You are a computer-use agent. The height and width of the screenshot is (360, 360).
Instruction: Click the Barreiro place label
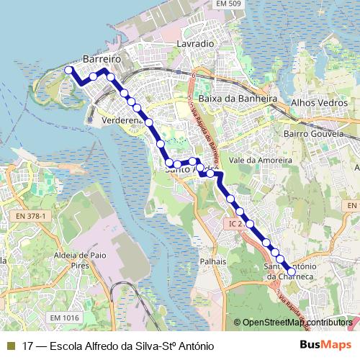[x=100, y=55]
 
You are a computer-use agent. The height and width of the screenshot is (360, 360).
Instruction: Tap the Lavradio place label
[x=195, y=44]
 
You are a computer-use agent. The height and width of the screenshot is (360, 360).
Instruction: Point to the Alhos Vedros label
[x=318, y=103]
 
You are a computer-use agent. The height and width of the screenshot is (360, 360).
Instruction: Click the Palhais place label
[x=213, y=261]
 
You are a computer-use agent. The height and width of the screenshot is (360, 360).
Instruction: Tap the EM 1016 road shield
[x=65, y=317]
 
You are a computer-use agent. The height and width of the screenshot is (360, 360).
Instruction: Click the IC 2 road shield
[x=232, y=224]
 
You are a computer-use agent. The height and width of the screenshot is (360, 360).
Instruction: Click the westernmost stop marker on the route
[x=69, y=70]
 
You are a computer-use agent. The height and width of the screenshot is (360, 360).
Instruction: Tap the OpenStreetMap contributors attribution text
[x=297, y=323]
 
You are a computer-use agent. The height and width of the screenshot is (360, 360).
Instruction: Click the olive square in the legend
[x=10, y=346]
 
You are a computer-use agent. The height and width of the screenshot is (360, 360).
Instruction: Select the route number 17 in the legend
[x=28, y=346]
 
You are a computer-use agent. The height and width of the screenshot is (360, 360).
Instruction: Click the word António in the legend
[x=194, y=346]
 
